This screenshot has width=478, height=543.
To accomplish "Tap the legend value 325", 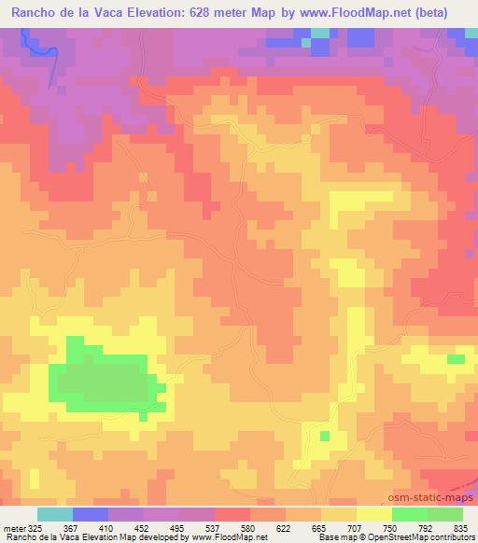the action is click(32, 529).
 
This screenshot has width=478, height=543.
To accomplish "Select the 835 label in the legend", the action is click(461, 529).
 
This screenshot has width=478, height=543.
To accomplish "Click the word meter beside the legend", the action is click(11, 529).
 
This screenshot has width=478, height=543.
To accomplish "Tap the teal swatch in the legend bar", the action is click(55, 514).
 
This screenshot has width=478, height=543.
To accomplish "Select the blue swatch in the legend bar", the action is click(91, 514).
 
